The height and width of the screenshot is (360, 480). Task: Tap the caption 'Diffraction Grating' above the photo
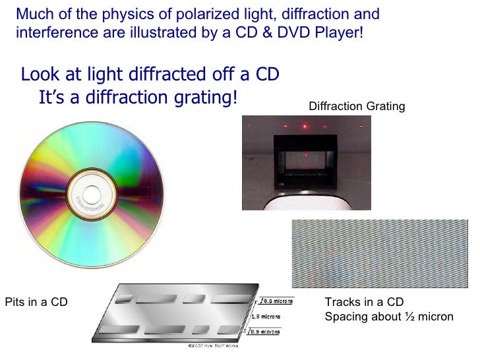point(357,106)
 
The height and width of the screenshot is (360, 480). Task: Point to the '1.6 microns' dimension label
point(265,316)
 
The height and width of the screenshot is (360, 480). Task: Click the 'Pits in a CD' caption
point(36,303)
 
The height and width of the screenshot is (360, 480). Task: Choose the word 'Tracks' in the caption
point(342,303)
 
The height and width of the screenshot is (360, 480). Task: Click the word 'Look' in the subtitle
point(40,75)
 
